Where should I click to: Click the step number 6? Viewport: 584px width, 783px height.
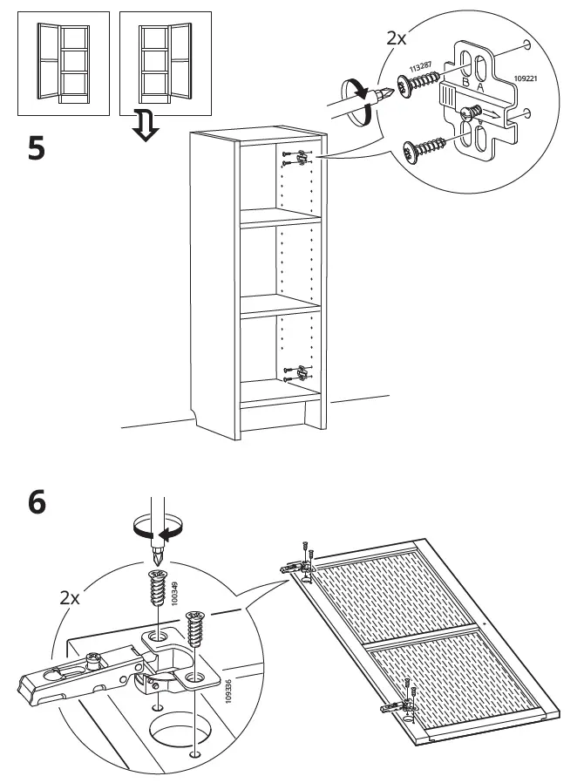(x=36, y=504)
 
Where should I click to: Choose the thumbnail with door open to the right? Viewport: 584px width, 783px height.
(x=157, y=64)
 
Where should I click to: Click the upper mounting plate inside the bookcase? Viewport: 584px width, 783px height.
(x=301, y=158)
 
